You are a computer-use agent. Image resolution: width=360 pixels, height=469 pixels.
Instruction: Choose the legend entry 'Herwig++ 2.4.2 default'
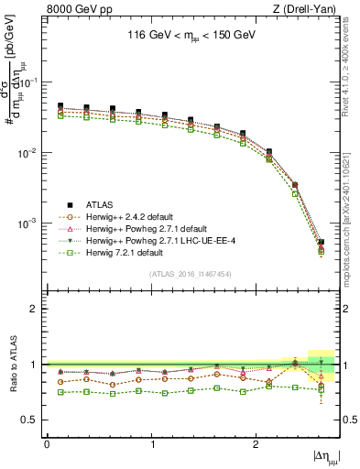(x=134, y=216)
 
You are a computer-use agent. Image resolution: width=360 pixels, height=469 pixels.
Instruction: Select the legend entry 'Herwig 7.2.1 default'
(x=129, y=252)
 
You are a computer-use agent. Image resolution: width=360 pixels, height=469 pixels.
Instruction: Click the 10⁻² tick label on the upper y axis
(x=31, y=153)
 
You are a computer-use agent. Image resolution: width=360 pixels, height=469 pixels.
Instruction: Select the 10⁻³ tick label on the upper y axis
(x=31, y=224)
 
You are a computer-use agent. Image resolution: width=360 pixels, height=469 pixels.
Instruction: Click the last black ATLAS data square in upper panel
(x=321, y=243)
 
